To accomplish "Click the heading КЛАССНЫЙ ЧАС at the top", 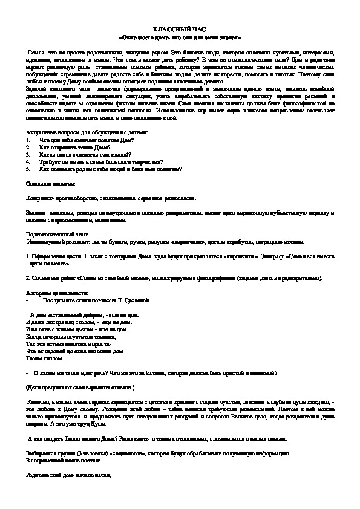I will click(180, 28).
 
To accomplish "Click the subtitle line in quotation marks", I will click(180, 36).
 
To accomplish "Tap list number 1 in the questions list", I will click(28, 140).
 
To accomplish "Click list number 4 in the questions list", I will click(28, 163).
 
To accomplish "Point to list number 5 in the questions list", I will click(28, 170).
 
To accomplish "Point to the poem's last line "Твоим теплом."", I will click(44, 358).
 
